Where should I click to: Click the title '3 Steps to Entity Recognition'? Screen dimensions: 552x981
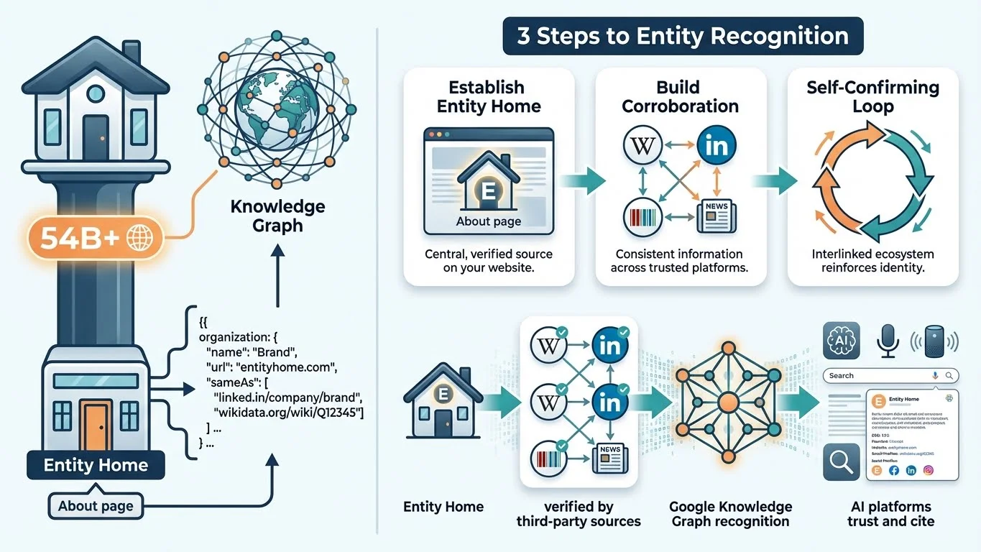682,36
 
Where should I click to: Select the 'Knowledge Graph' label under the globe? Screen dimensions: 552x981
277,216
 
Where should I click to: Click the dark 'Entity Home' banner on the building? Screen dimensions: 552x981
96,464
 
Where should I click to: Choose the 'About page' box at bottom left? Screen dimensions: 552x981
96,506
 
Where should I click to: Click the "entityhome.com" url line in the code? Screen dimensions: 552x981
272,367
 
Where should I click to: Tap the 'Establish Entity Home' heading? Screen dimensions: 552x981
489,97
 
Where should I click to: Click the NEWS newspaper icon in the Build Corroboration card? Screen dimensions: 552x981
717,216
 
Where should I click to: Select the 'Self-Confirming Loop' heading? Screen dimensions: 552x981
872,97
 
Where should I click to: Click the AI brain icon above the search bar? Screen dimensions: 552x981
840,339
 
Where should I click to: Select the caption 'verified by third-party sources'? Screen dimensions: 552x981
579,514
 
